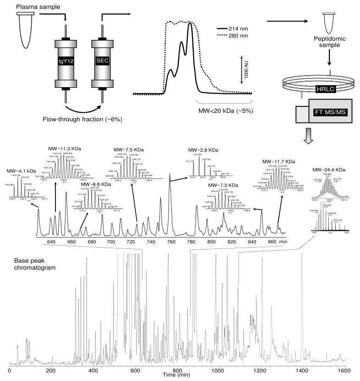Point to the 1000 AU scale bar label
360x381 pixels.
click(x=246, y=69)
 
